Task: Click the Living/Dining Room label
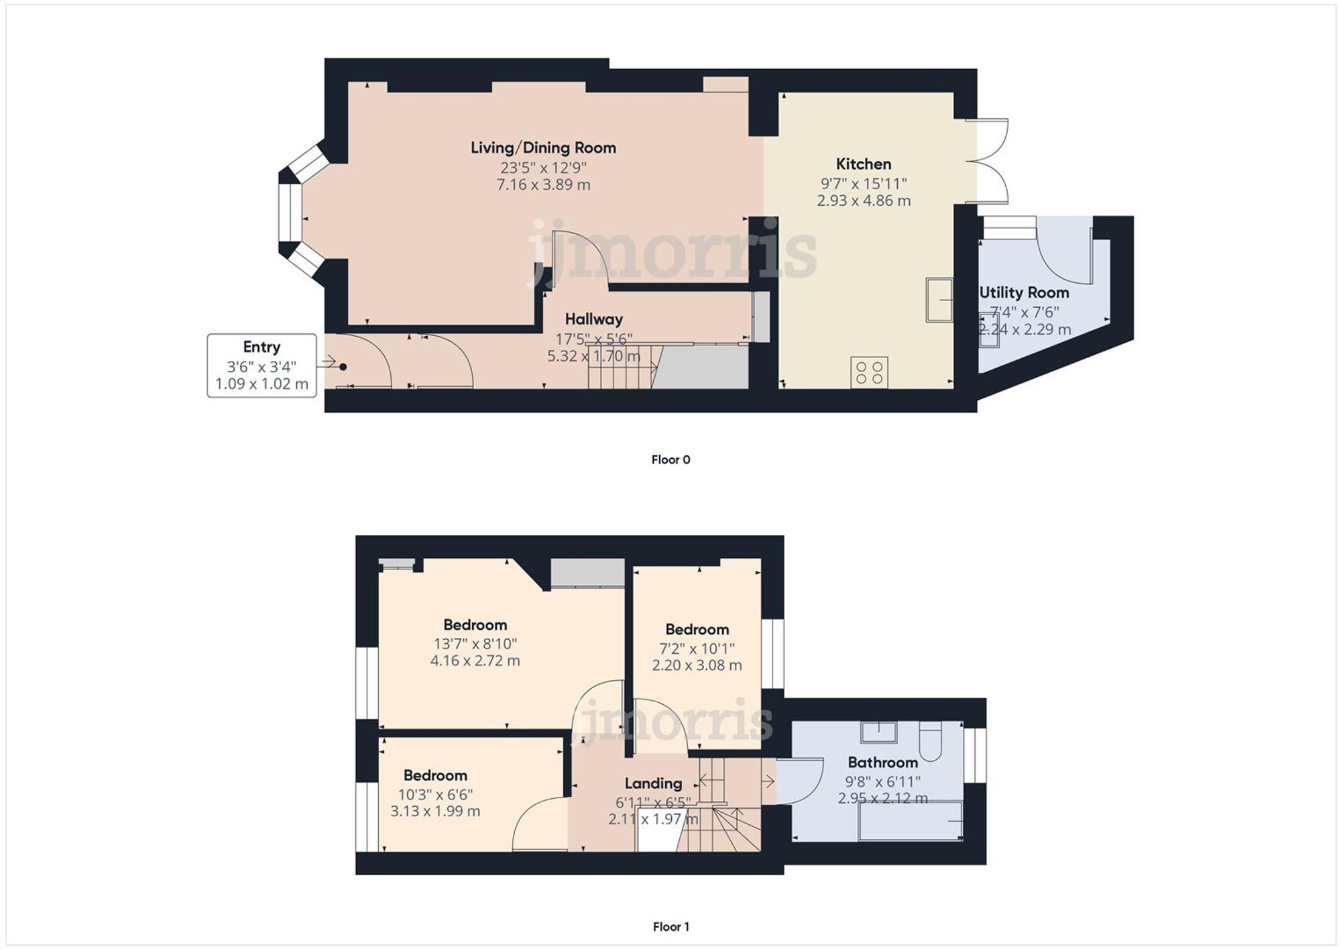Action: (x=543, y=148)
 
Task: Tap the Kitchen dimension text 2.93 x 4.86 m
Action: (x=864, y=201)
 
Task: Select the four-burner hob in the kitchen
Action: (x=870, y=372)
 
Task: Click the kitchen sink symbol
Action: (x=940, y=299)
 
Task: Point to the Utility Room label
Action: (x=1024, y=292)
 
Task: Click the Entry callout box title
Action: (x=261, y=347)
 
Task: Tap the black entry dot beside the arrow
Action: (x=343, y=367)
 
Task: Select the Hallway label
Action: (x=593, y=319)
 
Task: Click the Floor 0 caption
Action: (x=670, y=459)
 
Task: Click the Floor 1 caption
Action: (x=670, y=926)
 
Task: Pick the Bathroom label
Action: (x=882, y=763)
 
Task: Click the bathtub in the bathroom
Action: (x=911, y=820)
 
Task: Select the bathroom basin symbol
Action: (x=879, y=732)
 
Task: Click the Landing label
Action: (x=653, y=783)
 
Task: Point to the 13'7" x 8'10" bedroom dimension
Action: (x=475, y=644)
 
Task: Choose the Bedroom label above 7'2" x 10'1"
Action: (x=697, y=630)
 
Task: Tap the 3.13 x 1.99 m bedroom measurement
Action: (x=435, y=811)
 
